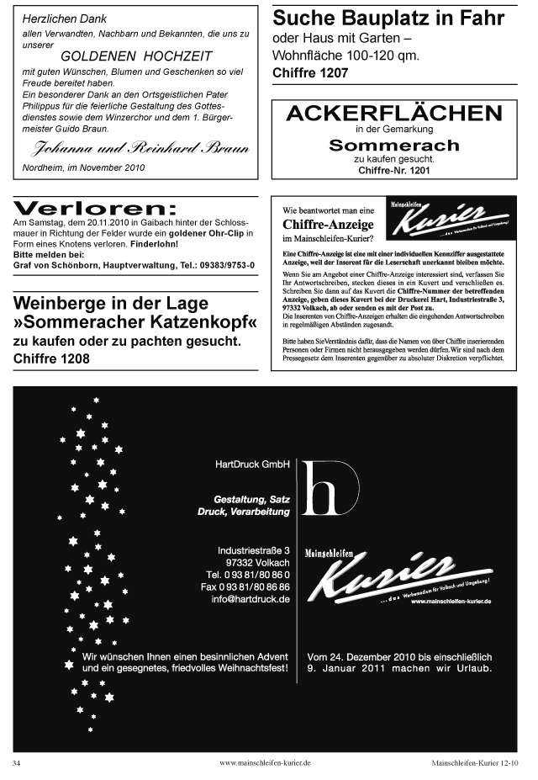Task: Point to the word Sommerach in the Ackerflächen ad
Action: [x=393, y=145]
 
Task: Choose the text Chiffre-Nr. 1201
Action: [x=393, y=171]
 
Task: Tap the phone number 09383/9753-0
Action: [x=227, y=265]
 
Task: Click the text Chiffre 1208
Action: [x=51, y=358]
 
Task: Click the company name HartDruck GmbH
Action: [x=252, y=464]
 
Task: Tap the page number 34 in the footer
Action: [x=16, y=762]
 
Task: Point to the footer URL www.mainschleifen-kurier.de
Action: [x=265, y=762]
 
